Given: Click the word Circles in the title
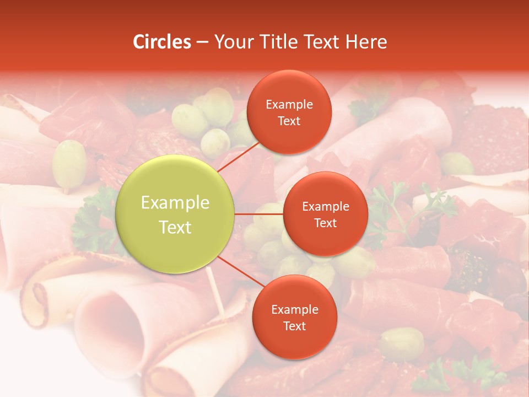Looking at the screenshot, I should pos(162,42).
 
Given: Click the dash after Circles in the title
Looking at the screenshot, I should pos(202,42).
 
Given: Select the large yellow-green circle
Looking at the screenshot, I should pos(175,214).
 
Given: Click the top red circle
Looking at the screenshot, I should pos(289,112).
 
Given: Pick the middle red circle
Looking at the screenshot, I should pos(325,214).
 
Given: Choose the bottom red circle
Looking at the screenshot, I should pos(294,317).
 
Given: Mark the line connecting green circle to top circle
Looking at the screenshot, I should pos(239,156).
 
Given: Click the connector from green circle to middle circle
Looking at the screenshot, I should pos(258,214).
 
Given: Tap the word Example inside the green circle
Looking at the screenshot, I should pos(175,203).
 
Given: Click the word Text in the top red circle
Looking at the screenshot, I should pos(289,121).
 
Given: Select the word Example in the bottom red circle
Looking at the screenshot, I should pos(294,309).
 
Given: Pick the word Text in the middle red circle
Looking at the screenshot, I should pos(325,223).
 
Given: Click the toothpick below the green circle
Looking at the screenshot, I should pos(214,293).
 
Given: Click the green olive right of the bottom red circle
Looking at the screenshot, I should pos(402,343).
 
